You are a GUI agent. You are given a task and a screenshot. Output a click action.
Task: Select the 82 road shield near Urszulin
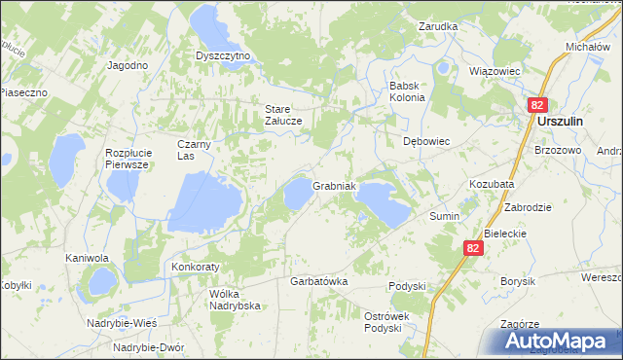pos(538,104)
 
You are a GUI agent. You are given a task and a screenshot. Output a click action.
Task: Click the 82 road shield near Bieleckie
pos(473,248)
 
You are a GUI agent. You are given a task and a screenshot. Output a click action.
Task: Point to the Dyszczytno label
pos(223,55)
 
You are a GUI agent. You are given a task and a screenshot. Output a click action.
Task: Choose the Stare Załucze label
pos(284,114)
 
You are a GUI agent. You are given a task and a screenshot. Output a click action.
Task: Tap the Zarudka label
pos(438,26)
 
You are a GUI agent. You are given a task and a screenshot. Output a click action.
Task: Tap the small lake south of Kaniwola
pos(100,283)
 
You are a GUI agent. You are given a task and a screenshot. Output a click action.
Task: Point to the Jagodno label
pos(128,64)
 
